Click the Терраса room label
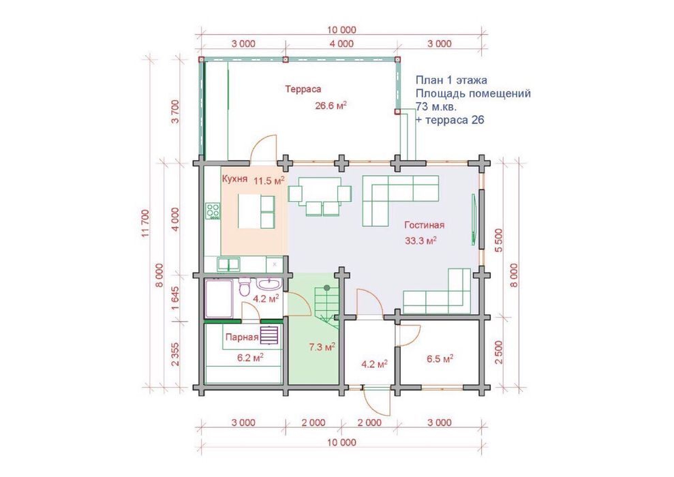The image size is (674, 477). click(x=303, y=89)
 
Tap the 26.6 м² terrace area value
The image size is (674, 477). click(x=331, y=106)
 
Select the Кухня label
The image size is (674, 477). click(x=234, y=179)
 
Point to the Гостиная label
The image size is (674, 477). click(x=425, y=225)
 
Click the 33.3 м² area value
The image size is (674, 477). click(x=420, y=241)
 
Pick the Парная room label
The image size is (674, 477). click(x=242, y=337)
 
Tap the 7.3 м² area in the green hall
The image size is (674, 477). click(x=322, y=347)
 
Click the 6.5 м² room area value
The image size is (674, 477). click(x=440, y=359)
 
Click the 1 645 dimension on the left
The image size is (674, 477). click(x=176, y=297)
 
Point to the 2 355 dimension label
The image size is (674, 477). click(x=176, y=354)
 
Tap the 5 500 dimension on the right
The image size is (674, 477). click(x=499, y=241)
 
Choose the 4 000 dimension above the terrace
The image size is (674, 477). click(x=342, y=44)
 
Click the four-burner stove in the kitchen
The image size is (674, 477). click(x=213, y=211)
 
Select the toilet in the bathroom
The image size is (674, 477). click(x=244, y=288)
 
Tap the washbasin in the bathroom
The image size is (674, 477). click(x=269, y=285)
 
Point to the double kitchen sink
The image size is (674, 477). click(x=228, y=264)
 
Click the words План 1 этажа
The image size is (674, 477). click(x=451, y=80)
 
